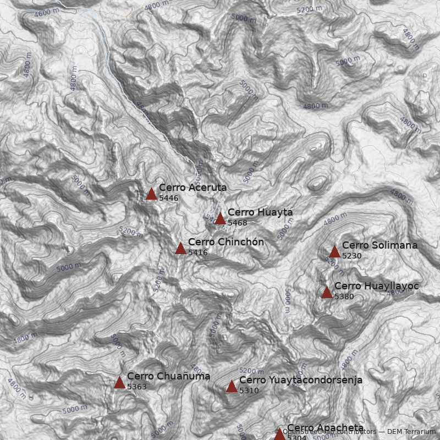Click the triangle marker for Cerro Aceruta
pos(151,194)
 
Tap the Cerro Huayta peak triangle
pos(220,218)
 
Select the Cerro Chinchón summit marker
pos(180,248)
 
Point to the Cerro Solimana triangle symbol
pos(334,251)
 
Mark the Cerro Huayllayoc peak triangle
pos(327,292)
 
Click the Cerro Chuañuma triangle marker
pos(119,382)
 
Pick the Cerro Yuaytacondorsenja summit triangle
pos(232,386)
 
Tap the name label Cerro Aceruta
pos(193,188)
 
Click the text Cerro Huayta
pos(260,212)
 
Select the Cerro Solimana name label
pos(380,245)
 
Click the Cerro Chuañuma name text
pos(168,376)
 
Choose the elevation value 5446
pos(169,198)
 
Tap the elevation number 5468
pos(238,223)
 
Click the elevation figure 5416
pos(198,252)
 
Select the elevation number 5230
pos(352,256)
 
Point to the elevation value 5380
pos(344,296)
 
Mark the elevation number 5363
pos(137,387)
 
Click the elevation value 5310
pos(249,391)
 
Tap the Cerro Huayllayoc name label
pos(377,286)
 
